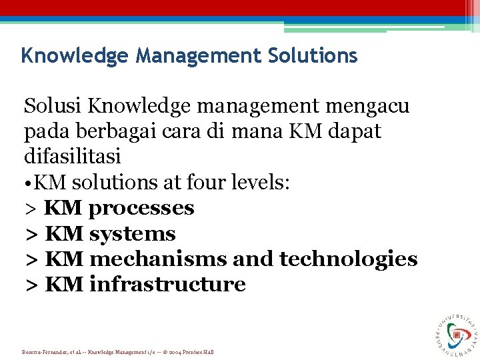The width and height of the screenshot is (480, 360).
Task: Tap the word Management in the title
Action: pyautogui.click(x=197, y=55)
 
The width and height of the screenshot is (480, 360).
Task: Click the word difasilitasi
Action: pyautogui.click(x=73, y=157)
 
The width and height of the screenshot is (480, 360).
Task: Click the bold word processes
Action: pyautogui.click(x=141, y=208)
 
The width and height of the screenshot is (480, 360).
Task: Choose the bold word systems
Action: pyautogui.click(x=132, y=233)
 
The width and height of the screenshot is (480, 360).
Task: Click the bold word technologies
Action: pyautogui.click(x=349, y=259)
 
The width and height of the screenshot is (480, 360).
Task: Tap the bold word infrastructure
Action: pyautogui.click(x=167, y=284)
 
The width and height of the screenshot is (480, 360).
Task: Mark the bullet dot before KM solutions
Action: pyautogui.click(x=28, y=183)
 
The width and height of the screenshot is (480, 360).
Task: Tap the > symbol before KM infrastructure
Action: pyautogui.click(x=31, y=285)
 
